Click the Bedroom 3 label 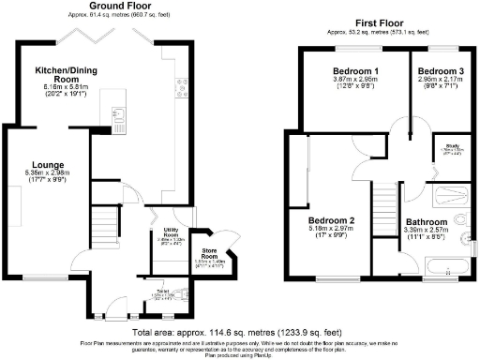tap(441, 72)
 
